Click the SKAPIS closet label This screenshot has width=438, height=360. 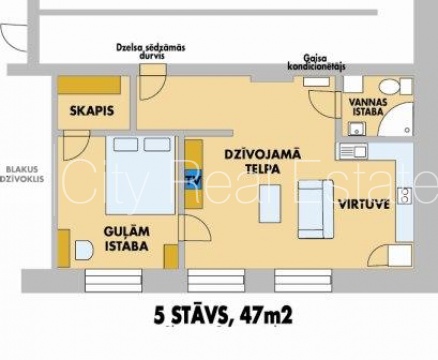pos(92,111)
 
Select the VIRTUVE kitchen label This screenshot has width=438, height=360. pos(364,204)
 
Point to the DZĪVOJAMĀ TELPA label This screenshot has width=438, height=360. pos(262,162)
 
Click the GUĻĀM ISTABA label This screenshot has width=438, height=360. pos(127,239)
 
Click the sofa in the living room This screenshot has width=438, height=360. pos(315,209)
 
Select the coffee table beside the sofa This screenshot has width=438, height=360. pos(270,203)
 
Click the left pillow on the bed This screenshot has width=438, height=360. pos(126,144)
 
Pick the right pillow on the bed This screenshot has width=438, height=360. pos(157,144)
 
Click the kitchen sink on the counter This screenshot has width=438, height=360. pos(353,152)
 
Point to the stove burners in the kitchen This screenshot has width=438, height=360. pos(405,196)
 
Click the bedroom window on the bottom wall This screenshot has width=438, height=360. pos(113,281)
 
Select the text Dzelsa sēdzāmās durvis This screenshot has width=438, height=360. pos(151,51)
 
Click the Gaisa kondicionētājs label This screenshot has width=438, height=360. pos(316,62)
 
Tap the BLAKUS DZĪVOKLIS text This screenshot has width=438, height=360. pos(23,174)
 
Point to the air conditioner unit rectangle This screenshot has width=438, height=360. pos(316,82)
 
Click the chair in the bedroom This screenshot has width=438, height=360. pos(84,250)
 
